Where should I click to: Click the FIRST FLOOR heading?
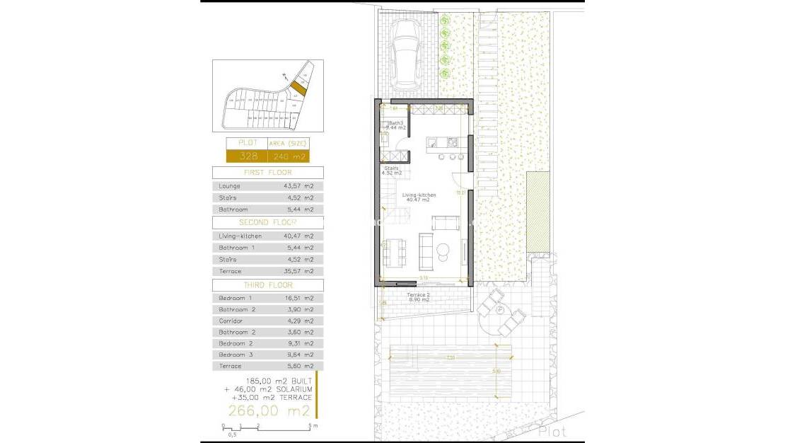click(x=267, y=173)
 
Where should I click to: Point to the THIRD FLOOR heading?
click(x=267, y=285)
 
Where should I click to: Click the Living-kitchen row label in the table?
click(x=240, y=236)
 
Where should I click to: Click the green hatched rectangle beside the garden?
click(x=537, y=210)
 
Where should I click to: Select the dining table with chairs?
click(x=394, y=251)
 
